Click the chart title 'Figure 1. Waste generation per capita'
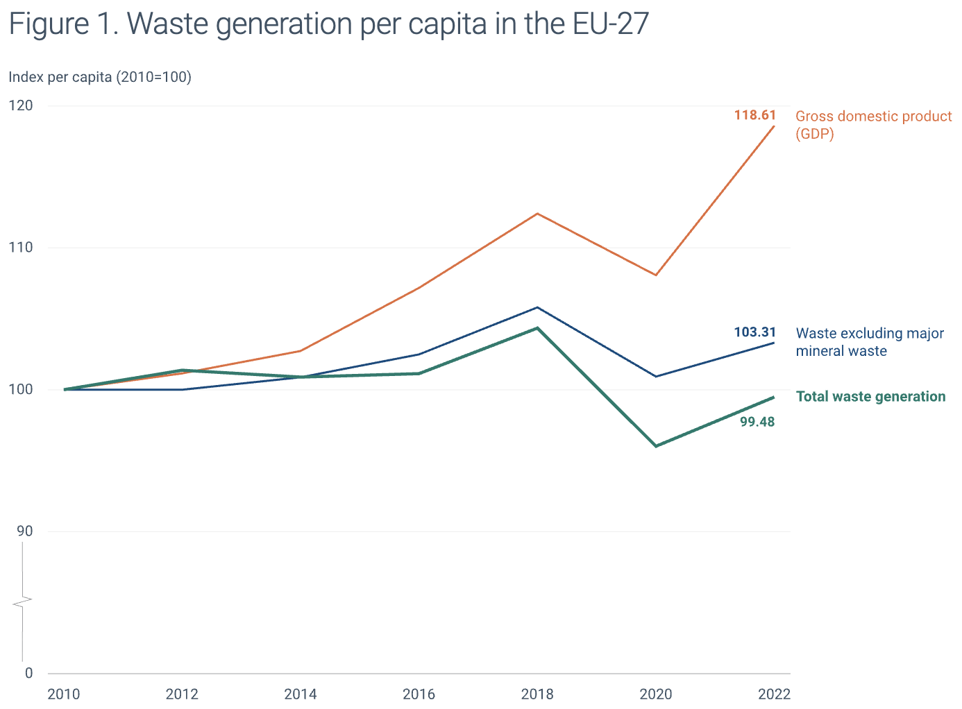(x=328, y=24)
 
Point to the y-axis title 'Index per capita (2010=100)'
(x=100, y=77)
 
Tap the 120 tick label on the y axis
(x=21, y=105)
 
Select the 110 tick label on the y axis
(x=21, y=248)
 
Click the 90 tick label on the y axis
(x=24, y=531)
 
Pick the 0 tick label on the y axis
(x=28, y=673)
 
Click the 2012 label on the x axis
(x=182, y=694)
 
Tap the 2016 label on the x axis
(x=419, y=694)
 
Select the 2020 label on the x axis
(x=655, y=694)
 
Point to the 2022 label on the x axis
(x=774, y=694)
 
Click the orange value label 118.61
(x=755, y=115)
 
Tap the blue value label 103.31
(x=755, y=332)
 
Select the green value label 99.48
(x=757, y=422)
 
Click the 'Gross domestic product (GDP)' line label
(x=873, y=125)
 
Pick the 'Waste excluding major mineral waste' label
(x=870, y=342)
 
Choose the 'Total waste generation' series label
(x=870, y=397)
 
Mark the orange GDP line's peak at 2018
(x=537, y=214)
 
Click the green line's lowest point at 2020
(x=656, y=446)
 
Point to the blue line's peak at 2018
(x=537, y=307)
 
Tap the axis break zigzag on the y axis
(x=23, y=601)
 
